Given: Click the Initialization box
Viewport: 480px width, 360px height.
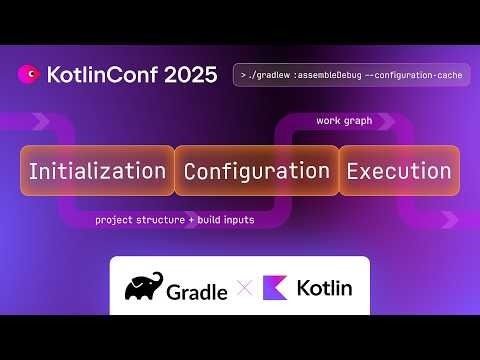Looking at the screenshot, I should point(97,170).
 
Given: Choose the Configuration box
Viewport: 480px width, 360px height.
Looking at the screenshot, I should point(256,170).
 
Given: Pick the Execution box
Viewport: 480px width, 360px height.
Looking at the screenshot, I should point(399,170).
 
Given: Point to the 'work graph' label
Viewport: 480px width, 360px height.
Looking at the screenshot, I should point(344,121).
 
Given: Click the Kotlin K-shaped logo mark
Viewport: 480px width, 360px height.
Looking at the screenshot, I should point(276,288).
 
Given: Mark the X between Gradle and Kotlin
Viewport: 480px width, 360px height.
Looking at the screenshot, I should point(245,288).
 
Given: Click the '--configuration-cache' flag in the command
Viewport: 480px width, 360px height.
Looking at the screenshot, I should point(411,75).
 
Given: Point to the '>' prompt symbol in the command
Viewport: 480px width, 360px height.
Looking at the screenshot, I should point(241,75).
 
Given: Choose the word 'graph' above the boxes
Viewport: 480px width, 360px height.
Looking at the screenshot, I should point(357,121).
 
